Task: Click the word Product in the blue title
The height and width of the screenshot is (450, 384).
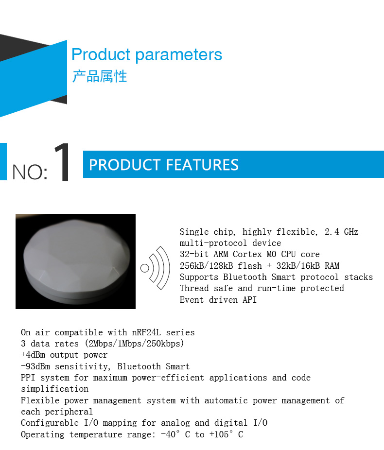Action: [x=101, y=54]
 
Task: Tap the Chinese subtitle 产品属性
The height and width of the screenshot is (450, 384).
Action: [x=100, y=76]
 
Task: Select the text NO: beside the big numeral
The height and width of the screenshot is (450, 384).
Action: [x=30, y=172]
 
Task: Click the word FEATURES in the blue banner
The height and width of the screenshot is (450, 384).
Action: [x=202, y=165]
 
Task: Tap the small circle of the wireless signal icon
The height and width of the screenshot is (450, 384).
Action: [x=145, y=268]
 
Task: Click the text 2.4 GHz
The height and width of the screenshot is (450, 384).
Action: [x=341, y=232]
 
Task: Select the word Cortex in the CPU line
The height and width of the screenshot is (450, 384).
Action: [x=247, y=254]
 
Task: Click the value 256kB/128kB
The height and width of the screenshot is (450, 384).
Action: [x=207, y=266]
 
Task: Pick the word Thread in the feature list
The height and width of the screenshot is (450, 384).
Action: [x=194, y=288]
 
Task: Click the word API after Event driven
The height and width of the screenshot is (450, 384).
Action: [x=250, y=300]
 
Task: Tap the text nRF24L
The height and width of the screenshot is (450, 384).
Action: [x=146, y=332]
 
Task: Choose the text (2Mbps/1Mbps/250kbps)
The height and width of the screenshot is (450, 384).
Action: [x=134, y=344]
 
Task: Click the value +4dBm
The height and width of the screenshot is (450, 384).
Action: [x=33, y=355]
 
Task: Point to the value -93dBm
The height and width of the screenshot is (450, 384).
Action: [x=35, y=366]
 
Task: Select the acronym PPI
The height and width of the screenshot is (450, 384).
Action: [x=28, y=378]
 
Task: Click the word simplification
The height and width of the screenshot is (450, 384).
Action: [x=54, y=389]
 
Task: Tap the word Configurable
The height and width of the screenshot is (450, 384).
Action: [x=50, y=423]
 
